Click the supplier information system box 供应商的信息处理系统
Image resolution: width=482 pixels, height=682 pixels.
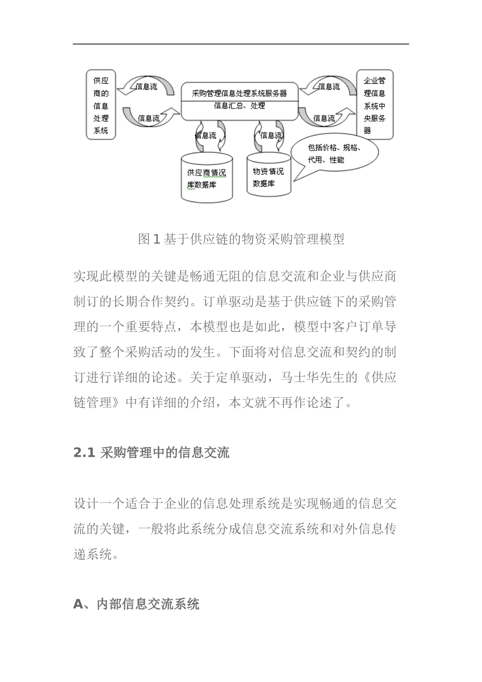click(100, 105)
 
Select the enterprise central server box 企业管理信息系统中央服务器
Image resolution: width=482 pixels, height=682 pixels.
click(374, 105)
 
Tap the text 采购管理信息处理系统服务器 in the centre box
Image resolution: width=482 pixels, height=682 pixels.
click(239, 93)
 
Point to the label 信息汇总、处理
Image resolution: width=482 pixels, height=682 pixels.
click(239, 106)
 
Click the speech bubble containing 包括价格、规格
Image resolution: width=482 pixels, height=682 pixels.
click(335, 153)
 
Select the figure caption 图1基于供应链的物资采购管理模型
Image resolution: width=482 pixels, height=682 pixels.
click(241, 239)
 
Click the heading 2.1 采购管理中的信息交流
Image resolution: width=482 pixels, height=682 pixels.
click(151, 452)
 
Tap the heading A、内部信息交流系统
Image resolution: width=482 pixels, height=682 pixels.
click(136, 604)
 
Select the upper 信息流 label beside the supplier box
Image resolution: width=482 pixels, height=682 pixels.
click(147, 87)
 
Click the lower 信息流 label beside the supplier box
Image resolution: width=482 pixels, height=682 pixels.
click(149, 118)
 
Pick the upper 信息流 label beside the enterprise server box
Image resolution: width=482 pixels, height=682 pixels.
click(329, 87)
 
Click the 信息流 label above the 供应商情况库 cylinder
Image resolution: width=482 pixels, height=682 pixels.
click(205, 135)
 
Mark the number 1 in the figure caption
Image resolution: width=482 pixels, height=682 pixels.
click(156, 239)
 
